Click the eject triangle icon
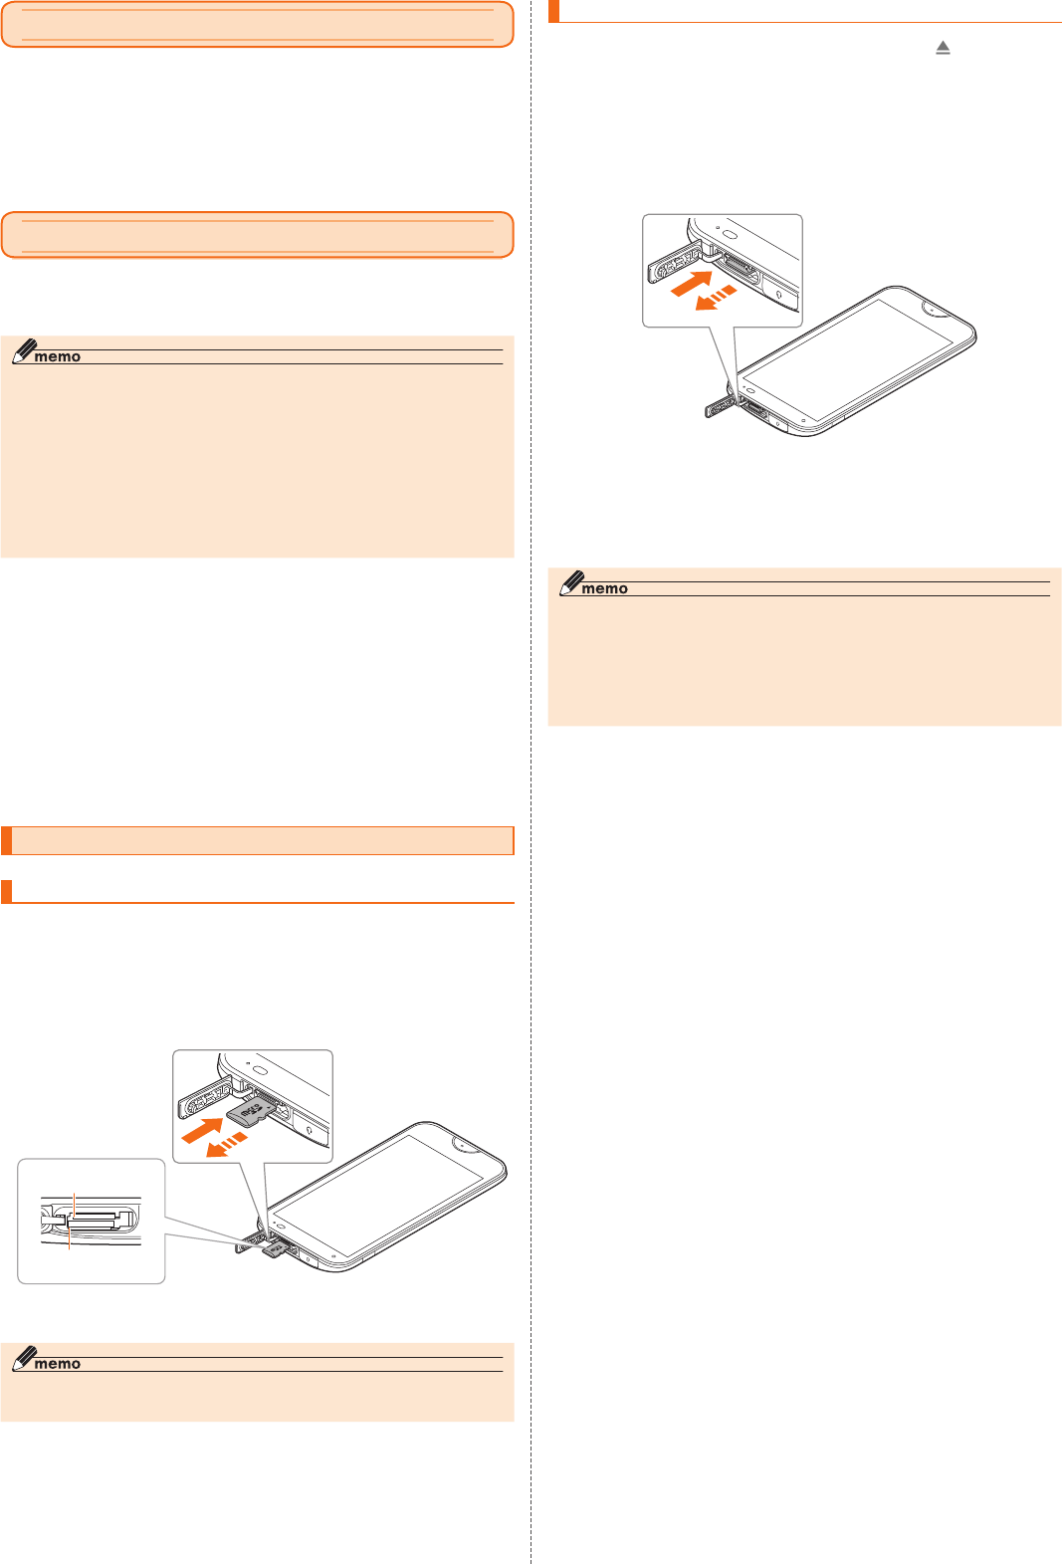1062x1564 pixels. pos(943,48)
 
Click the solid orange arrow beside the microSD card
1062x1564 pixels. pos(203,1131)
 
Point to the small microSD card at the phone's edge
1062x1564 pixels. pos(275,1249)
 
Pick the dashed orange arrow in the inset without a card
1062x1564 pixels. pos(716,297)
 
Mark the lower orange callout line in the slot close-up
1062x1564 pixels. pos(69,1239)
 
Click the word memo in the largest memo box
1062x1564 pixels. pos(57,357)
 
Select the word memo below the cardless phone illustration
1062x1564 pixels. pos(604,589)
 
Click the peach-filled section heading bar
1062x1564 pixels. pos(257,840)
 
